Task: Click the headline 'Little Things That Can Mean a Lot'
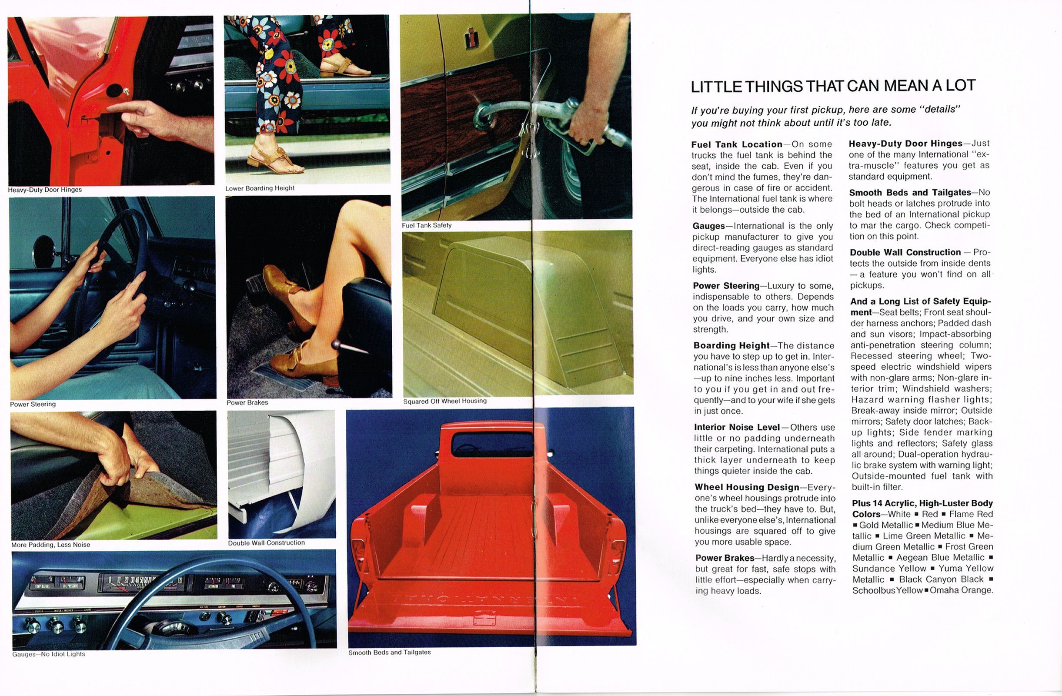pyautogui.click(x=833, y=86)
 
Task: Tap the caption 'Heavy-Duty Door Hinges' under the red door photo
pyautogui.click(x=45, y=190)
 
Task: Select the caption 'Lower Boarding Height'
pyautogui.click(x=260, y=188)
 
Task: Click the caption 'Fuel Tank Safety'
pyautogui.click(x=427, y=225)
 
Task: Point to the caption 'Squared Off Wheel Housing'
pyautogui.click(x=444, y=401)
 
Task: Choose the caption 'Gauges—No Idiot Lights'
pyautogui.click(x=49, y=654)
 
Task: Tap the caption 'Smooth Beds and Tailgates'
pyautogui.click(x=390, y=652)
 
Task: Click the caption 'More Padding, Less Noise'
pyautogui.click(x=50, y=545)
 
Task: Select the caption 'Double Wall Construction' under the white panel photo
pyautogui.click(x=267, y=543)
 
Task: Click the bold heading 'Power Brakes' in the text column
pyautogui.click(x=725, y=558)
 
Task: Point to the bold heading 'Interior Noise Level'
pyautogui.click(x=737, y=427)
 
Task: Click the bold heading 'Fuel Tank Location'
pyautogui.click(x=737, y=144)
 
